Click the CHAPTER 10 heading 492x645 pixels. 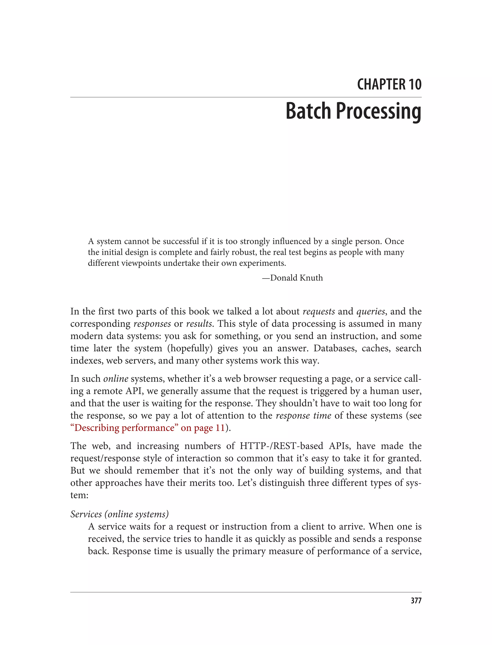389,84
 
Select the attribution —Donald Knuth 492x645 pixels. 292,278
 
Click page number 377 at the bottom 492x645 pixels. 416,601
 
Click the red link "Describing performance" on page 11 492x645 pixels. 148,428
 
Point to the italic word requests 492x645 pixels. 318,311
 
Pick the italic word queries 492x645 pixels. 370,311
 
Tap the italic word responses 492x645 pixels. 152,323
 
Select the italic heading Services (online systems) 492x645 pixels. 119,514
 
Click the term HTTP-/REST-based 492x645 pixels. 282,446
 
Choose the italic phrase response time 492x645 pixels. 303,415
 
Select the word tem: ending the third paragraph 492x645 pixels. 79,495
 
